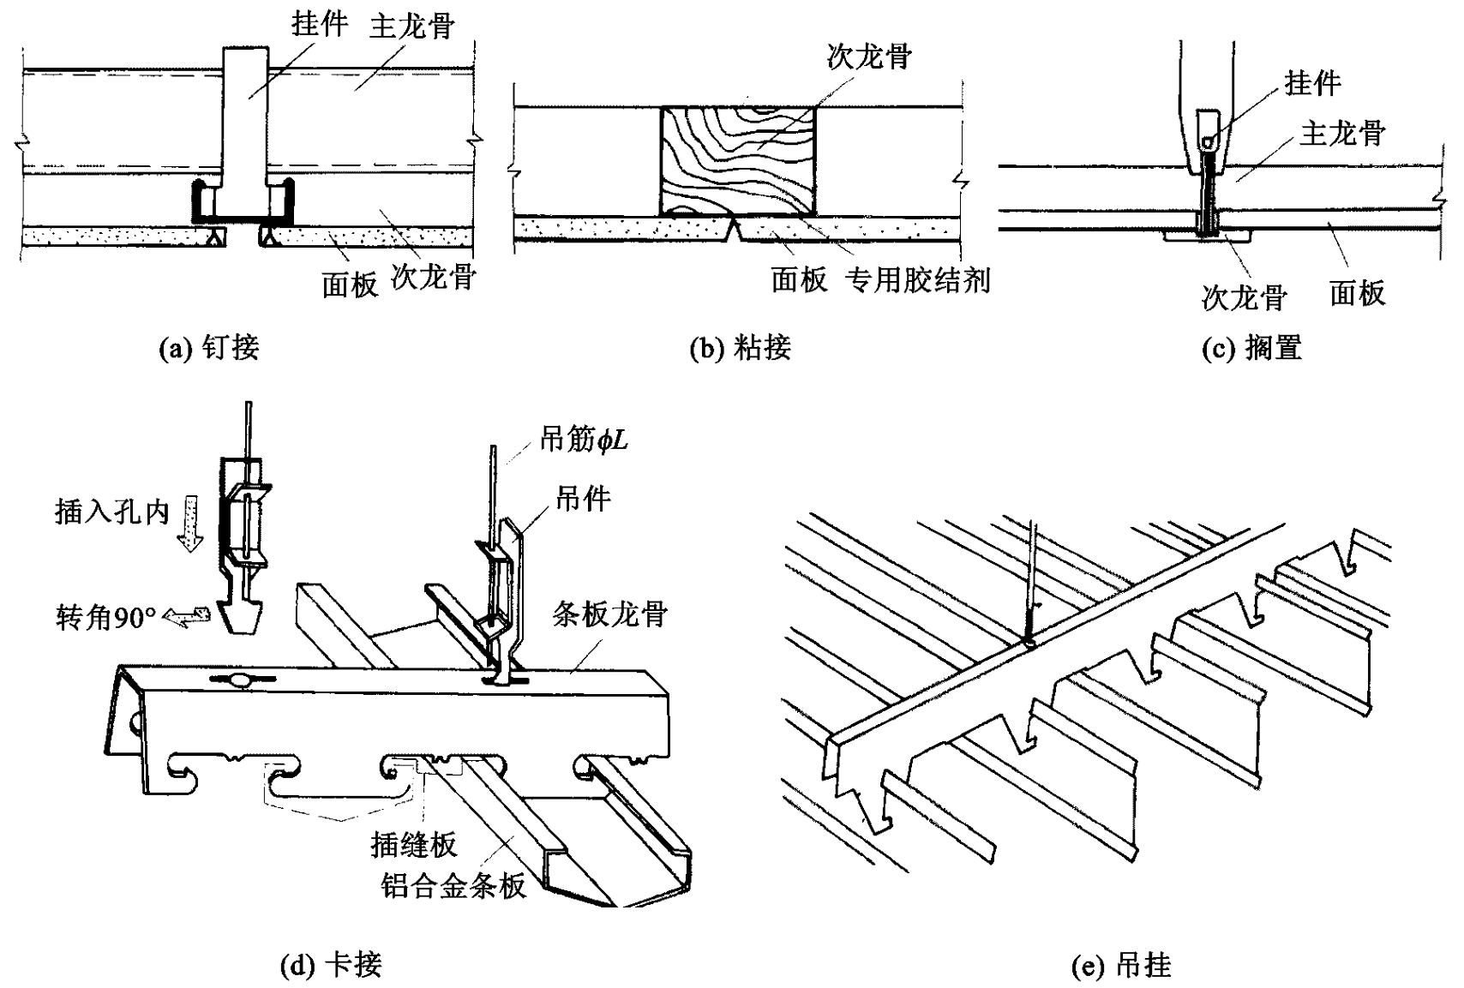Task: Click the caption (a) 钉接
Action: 210,348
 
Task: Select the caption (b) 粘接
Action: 740,348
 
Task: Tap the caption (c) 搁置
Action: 1252,348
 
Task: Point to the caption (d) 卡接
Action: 331,966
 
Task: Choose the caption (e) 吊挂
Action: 1121,966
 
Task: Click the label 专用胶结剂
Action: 918,280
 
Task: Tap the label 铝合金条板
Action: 453,885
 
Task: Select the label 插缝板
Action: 414,845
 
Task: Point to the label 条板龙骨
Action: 609,614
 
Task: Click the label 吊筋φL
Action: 584,440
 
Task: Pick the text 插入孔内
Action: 111,512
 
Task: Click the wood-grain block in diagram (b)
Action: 738,160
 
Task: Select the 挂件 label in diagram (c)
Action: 1312,83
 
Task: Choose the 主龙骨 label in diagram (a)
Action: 411,27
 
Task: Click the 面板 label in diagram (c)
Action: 1357,294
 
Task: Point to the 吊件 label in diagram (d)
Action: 583,499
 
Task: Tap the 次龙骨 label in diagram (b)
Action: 869,57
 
